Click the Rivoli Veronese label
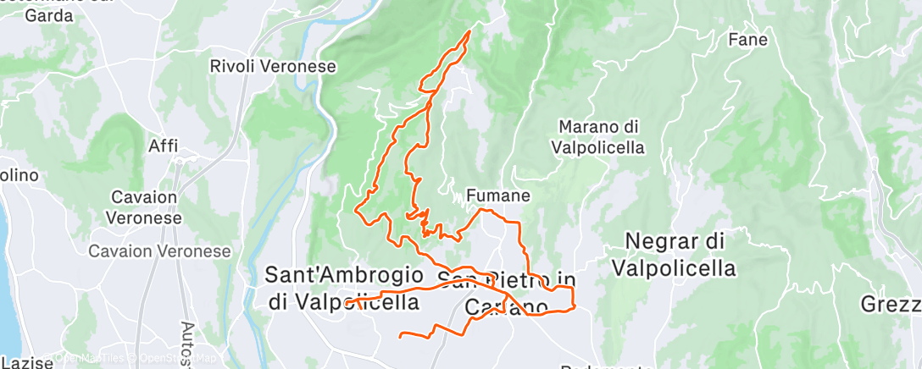coord(272,65)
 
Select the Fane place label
coord(747,40)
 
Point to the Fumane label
coord(498,196)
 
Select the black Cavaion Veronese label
coord(145,207)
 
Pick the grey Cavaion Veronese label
coord(161,251)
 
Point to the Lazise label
coord(25,362)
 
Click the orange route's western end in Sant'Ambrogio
coord(347,300)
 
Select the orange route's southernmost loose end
coord(401,336)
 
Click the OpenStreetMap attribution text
coord(169,358)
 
